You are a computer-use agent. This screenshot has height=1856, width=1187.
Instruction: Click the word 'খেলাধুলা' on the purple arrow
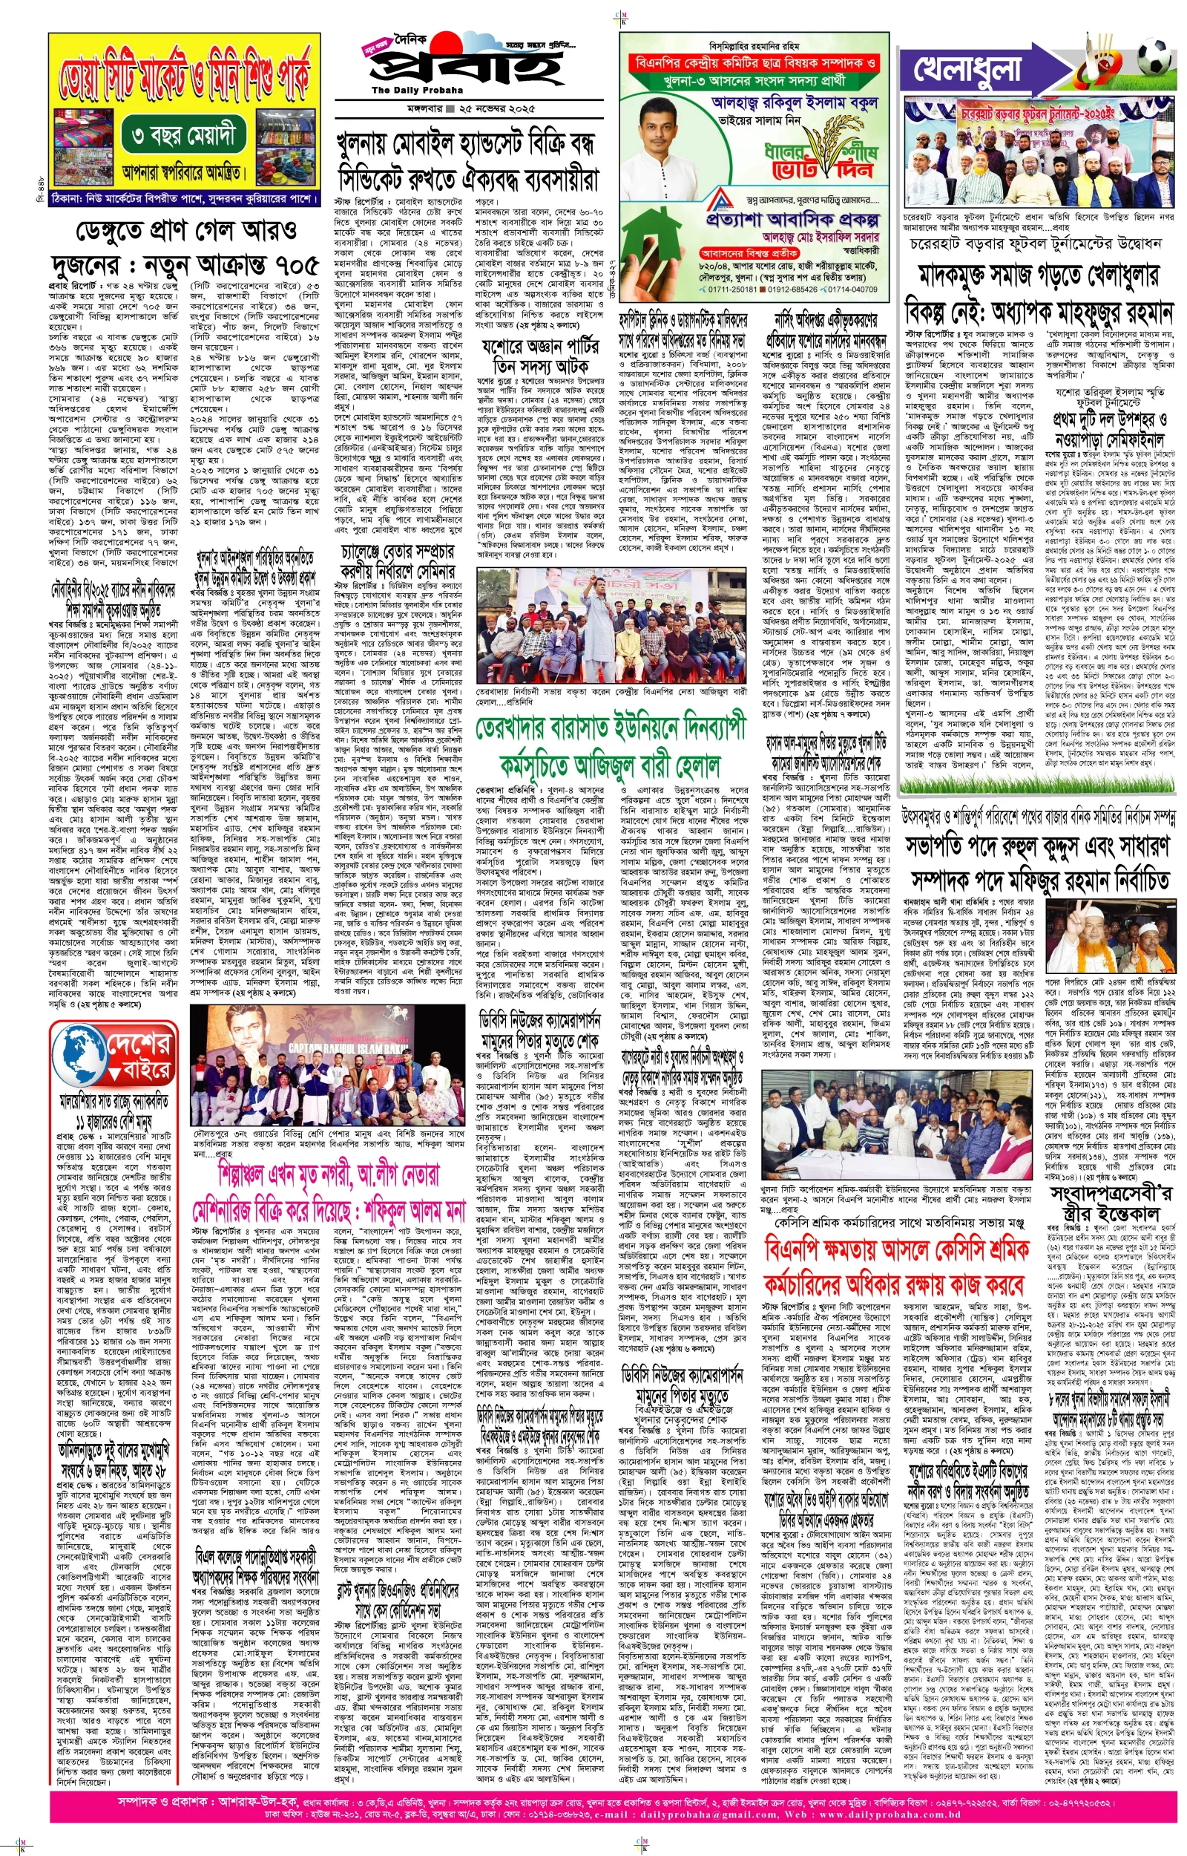pos(967,68)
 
